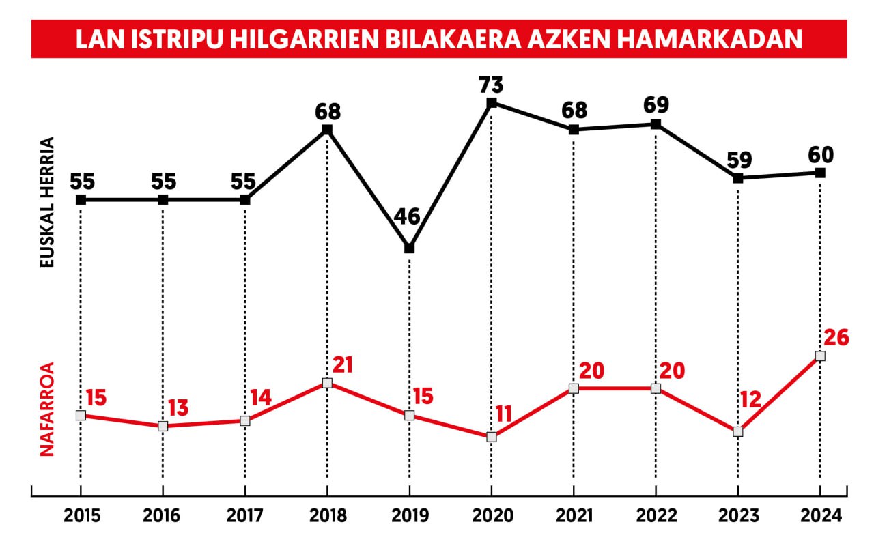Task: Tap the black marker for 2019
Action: pos(409,248)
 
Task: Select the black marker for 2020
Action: pos(491,103)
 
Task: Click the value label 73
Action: pos(491,85)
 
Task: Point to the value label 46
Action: pos(408,218)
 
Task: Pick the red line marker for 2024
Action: pos(820,356)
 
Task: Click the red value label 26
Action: pos(836,338)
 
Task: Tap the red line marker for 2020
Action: pos(491,437)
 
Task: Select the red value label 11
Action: pos(505,414)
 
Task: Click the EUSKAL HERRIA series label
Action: pos(47,202)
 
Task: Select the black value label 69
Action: pos(655,106)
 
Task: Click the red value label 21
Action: pos(342,365)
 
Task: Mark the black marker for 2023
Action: pos(737,178)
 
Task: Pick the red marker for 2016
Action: pos(163,426)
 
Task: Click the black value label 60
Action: pos(820,155)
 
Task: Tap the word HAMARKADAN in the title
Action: pos(710,40)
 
